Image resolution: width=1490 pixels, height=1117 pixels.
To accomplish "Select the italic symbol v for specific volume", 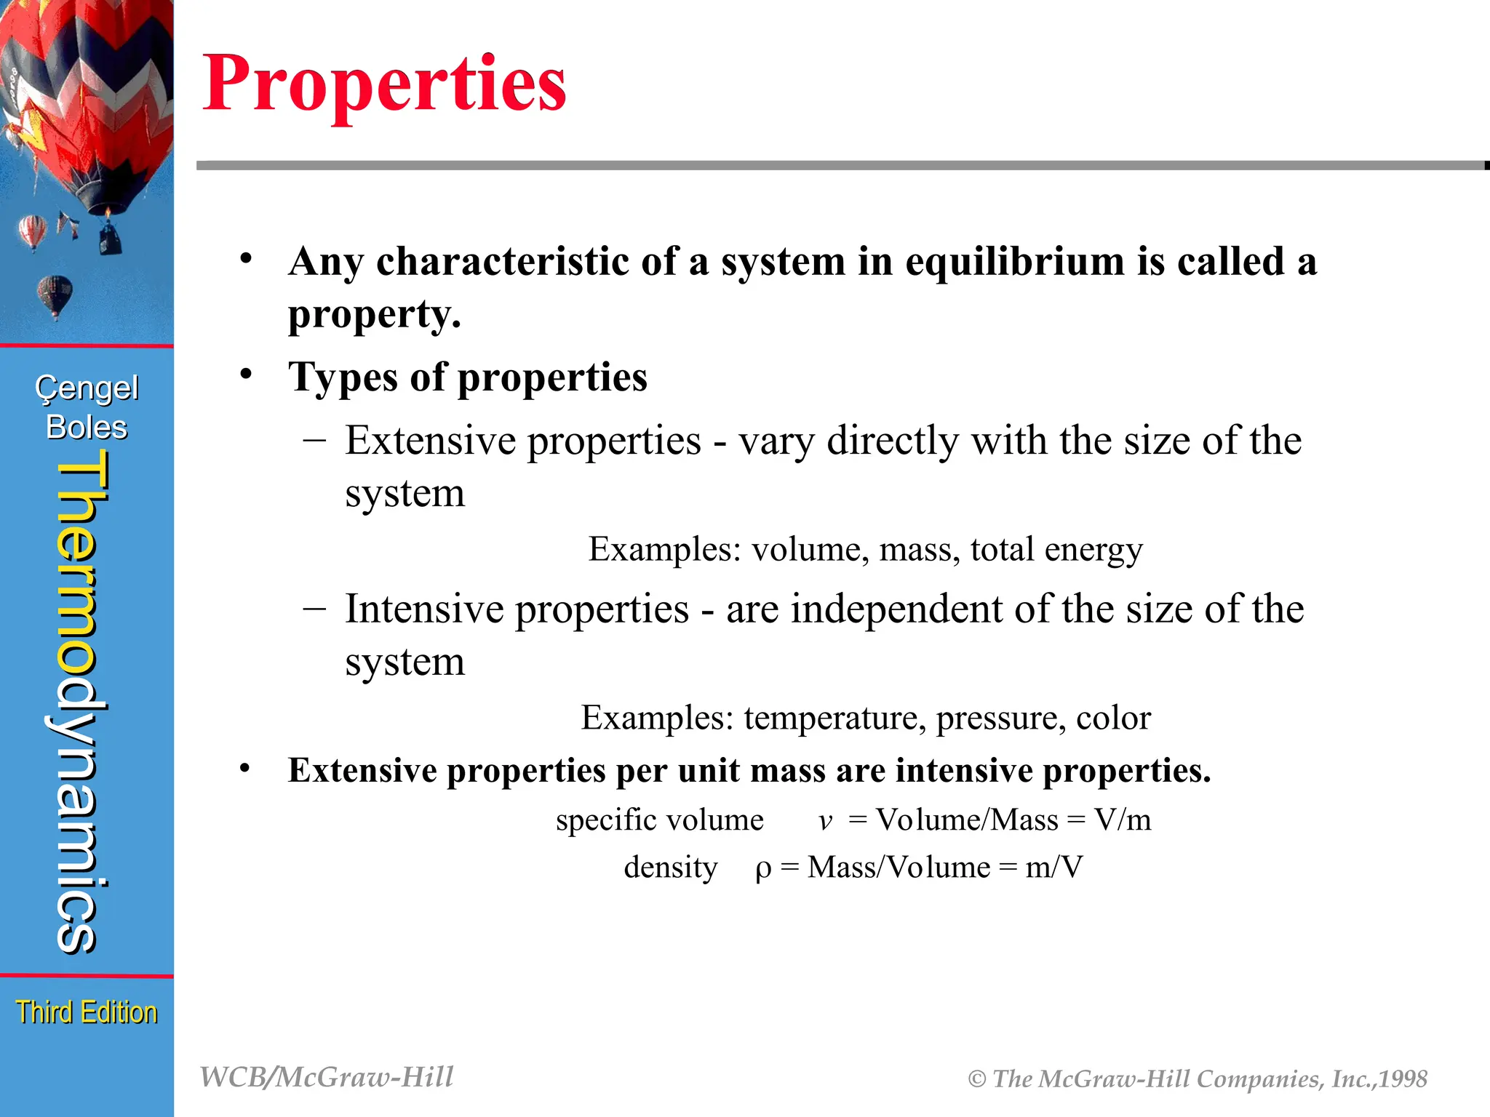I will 825,822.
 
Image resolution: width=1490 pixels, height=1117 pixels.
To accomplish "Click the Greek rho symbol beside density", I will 762,868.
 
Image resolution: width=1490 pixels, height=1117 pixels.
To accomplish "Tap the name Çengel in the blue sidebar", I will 87,388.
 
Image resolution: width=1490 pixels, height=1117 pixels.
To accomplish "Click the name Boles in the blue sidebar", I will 87,428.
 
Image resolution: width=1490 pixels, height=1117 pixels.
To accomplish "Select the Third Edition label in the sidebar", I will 87,1012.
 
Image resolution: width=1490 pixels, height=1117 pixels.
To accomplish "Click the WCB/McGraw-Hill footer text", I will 327,1078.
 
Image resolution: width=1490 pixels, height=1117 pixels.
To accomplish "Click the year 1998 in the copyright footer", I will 1403,1079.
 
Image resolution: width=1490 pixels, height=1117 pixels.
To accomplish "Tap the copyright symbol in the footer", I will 977,1080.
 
